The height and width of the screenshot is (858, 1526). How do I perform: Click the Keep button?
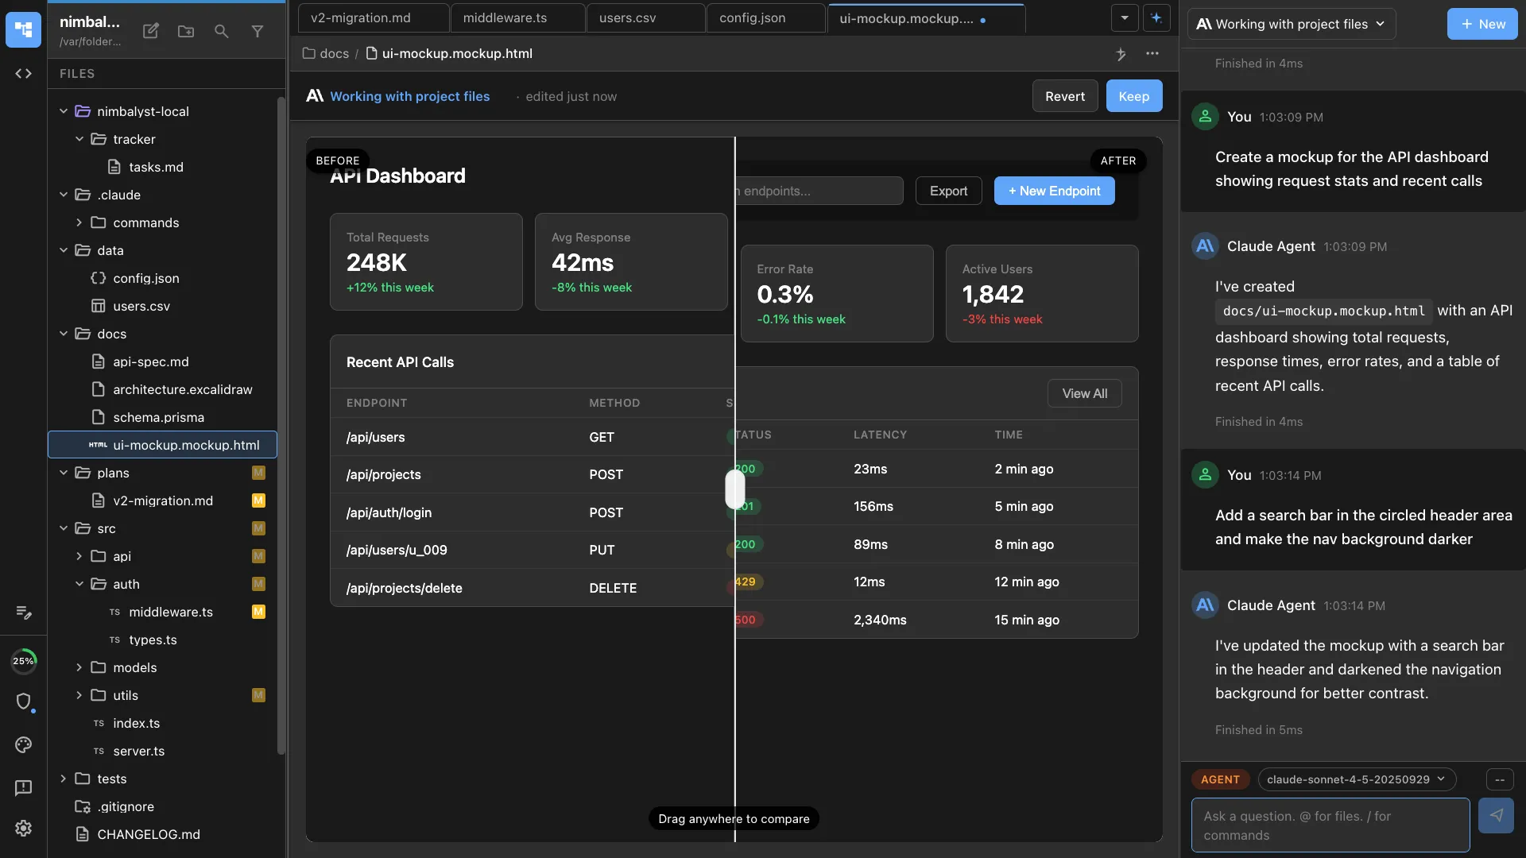pos(1133,96)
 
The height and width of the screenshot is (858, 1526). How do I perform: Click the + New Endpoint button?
pos(1054,191)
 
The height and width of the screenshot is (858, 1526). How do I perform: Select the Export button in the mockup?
pos(948,191)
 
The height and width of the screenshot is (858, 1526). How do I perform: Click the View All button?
pos(1084,393)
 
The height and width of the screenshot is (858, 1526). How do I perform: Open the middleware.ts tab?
pos(505,17)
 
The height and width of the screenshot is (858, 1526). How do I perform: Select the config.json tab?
pos(752,17)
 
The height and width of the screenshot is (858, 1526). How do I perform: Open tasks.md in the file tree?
pos(156,167)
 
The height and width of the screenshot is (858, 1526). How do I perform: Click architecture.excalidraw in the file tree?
pos(182,389)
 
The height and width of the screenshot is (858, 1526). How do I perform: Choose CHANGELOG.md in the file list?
pos(148,834)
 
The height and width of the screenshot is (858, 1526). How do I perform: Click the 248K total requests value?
pos(377,262)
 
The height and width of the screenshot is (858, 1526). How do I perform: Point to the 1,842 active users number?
pos(993,295)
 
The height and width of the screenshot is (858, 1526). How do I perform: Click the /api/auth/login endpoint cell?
pos(389,512)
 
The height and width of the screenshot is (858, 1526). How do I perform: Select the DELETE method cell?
pos(612,588)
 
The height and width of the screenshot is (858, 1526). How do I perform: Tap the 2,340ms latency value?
pos(880,620)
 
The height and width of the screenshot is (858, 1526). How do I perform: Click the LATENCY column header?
pos(880,435)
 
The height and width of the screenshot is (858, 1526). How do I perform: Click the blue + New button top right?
pos(1481,24)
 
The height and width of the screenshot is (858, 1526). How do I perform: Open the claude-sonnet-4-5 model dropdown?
pos(1356,779)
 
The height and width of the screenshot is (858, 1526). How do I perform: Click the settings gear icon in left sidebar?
pos(23,828)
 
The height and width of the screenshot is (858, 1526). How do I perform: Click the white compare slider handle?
pos(734,489)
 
